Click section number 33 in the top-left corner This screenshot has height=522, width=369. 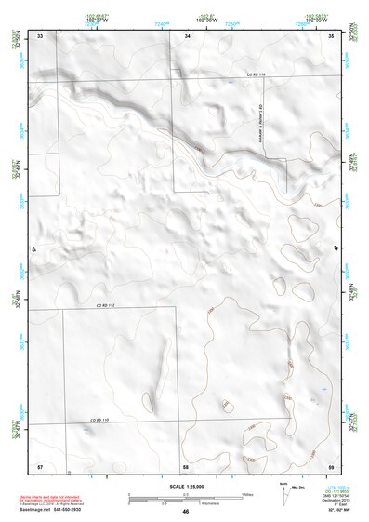pyautogui.click(x=40, y=35)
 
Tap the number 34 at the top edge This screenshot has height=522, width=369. pyautogui.click(x=188, y=35)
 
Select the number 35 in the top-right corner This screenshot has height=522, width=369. pyautogui.click(x=332, y=35)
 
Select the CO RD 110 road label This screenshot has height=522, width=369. pyautogui.click(x=99, y=422)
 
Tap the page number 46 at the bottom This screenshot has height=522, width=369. pyautogui.click(x=186, y=512)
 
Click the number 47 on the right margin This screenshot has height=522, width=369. pyautogui.click(x=336, y=248)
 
